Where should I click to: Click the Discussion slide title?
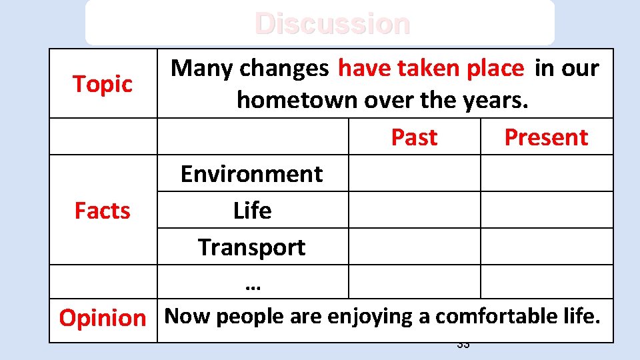pyautogui.click(x=332, y=24)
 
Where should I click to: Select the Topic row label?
pyautogui.click(x=103, y=84)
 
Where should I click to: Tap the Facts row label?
pyautogui.click(x=103, y=211)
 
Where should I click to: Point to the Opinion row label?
pyautogui.click(x=103, y=318)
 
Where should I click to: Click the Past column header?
pyautogui.click(x=414, y=137)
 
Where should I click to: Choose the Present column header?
pyautogui.click(x=546, y=137)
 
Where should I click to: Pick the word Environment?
pyautogui.click(x=252, y=174)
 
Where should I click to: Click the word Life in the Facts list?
pyautogui.click(x=252, y=211)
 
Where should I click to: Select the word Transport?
pyautogui.click(x=252, y=247)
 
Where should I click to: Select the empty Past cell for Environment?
pyautogui.click(x=414, y=173)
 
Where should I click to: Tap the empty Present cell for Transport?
pyautogui.click(x=546, y=247)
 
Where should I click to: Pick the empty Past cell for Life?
pyautogui.click(x=414, y=210)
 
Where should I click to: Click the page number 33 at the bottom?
pyautogui.click(x=463, y=345)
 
